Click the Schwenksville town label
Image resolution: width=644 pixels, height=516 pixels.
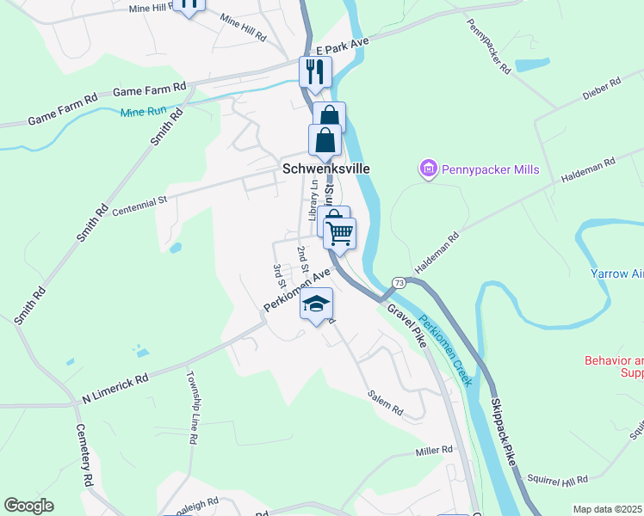click(x=326, y=169)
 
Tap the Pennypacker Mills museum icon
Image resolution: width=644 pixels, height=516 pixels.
click(x=429, y=169)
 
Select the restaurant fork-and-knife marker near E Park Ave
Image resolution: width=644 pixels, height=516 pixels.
click(x=315, y=71)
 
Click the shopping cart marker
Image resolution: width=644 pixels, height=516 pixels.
click(x=340, y=232)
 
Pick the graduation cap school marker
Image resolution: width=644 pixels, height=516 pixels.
click(x=317, y=304)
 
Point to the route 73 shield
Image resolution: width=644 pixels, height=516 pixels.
click(x=399, y=283)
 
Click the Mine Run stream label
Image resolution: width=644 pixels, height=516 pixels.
click(x=142, y=112)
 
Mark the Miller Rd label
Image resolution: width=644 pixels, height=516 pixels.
click(x=433, y=451)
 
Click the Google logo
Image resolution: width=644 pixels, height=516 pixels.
click(x=29, y=506)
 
